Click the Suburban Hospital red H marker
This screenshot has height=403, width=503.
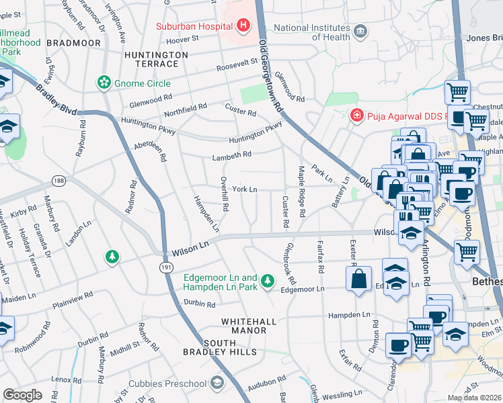pos(243,27)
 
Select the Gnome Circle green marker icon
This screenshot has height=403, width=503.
pos(104,83)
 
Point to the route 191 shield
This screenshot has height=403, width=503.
pos(165,267)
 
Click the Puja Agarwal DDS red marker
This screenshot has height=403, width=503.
pos(356,116)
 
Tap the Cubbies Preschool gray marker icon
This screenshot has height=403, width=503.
pos(217,383)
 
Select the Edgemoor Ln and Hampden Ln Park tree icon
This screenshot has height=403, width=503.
pos(268,279)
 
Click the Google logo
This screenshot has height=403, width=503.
pos(22,394)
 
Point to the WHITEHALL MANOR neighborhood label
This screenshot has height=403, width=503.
pos(248,326)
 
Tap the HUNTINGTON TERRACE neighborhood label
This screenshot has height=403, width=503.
pos(152,58)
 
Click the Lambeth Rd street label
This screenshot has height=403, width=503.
pos(231,154)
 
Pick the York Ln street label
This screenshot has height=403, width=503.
pos(245,190)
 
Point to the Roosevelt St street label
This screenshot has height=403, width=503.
pos(237,64)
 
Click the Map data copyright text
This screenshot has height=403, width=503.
pos(474,398)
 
